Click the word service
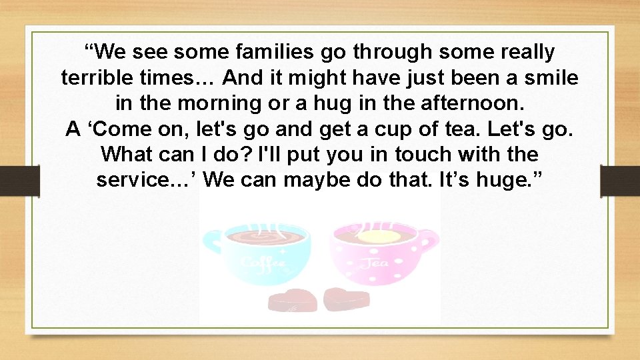click(144, 180)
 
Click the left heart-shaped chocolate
click(291, 301)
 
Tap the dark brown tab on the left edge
click(19, 181)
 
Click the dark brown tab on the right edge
click(621, 181)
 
